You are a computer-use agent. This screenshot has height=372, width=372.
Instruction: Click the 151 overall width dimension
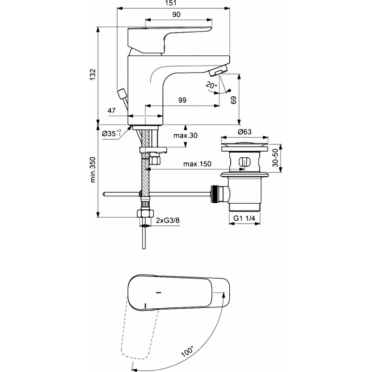[x=174, y=3]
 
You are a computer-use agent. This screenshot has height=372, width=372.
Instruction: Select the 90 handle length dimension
[x=176, y=14]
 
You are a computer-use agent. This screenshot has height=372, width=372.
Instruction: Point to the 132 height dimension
[x=93, y=74]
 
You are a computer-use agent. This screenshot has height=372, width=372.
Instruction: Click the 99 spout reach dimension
[x=182, y=100]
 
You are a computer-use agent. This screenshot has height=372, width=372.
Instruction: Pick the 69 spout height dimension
[x=233, y=100]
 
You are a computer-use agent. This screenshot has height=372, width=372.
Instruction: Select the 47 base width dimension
[x=112, y=111]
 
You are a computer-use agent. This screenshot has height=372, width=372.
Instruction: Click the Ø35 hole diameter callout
[x=111, y=133]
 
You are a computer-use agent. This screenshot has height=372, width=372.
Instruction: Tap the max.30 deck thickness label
[x=185, y=135]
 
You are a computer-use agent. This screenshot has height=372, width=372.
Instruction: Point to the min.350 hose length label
[x=93, y=169]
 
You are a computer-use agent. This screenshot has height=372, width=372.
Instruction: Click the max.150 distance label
[x=197, y=164]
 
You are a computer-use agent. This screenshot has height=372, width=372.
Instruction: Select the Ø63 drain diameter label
[x=245, y=132]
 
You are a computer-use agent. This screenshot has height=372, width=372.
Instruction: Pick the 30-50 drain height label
[x=275, y=158]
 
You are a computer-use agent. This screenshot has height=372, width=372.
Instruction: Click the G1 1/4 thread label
[x=245, y=218]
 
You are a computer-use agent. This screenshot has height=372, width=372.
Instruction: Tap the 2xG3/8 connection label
[x=168, y=220]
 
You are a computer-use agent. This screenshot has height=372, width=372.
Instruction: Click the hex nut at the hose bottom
[x=146, y=213]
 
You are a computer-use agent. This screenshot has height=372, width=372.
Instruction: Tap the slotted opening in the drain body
[x=244, y=163]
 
